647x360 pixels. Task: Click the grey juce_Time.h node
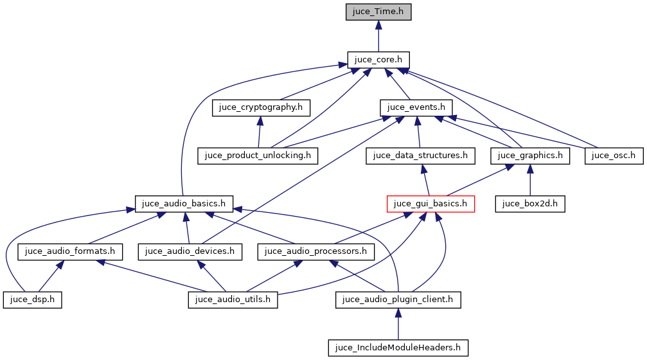378,12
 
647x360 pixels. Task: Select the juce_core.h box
378,60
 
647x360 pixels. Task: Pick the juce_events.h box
417,107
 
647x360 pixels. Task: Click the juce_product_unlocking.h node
258,155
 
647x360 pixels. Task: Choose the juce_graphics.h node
530,155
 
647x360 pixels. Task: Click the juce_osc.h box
614,155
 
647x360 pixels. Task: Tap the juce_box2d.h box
529,204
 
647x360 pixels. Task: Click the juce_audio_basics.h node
184,204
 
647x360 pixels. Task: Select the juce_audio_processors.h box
315,251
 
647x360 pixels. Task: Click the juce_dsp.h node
32,300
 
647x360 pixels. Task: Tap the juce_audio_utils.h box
233,300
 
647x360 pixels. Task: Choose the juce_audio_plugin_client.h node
398,300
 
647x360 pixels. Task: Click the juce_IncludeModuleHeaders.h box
398,348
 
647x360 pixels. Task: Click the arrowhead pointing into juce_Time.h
378,25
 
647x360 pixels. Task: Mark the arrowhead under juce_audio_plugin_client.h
398,313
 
